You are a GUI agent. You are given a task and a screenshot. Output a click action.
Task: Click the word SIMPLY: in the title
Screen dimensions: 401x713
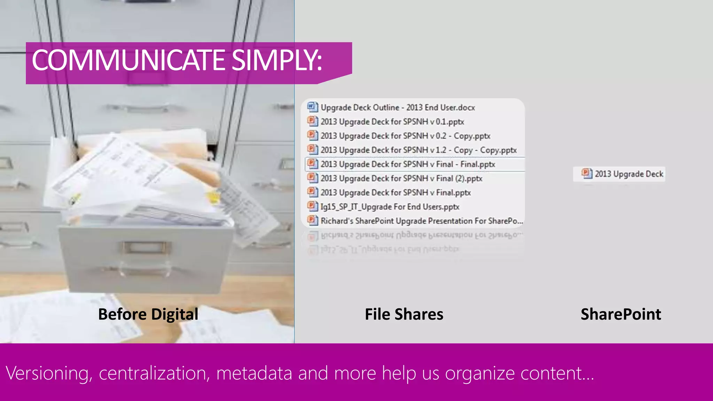coord(277,60)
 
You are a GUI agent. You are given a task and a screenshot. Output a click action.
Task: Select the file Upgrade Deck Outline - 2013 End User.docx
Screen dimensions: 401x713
coord(398,108)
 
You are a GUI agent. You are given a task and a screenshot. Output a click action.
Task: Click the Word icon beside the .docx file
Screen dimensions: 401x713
coord(312,107)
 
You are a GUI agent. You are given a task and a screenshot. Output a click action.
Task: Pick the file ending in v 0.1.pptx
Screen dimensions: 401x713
coord(392,122)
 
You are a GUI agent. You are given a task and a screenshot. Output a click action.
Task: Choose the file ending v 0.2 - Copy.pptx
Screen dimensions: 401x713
coord(405,136)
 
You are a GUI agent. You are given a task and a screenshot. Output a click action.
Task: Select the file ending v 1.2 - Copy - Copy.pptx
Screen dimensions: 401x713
coord(418,150)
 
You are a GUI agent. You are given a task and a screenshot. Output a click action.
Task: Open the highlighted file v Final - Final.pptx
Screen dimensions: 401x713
coord(408,164)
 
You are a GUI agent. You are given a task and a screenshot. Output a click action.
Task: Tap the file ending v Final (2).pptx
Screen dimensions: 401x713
coord(401,179)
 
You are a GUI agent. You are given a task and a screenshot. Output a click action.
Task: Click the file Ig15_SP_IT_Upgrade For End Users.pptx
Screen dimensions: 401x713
coord(390,207)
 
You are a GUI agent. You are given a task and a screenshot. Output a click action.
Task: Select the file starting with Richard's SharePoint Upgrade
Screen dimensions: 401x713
coord(422,221)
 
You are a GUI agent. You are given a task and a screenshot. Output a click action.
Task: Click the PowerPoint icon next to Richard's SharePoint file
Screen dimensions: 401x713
coord(312,220)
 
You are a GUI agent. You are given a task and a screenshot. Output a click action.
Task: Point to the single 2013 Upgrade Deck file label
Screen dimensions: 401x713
coord(629,174)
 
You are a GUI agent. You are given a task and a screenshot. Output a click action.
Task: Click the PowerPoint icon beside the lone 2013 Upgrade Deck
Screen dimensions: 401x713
coord(587,173)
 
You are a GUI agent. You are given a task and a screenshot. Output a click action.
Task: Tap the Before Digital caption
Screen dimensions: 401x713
coord(148,314)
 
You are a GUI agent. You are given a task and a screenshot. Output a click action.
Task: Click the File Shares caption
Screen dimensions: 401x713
coord(404,314)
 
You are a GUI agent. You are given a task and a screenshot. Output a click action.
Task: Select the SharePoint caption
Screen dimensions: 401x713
coord(621,314)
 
